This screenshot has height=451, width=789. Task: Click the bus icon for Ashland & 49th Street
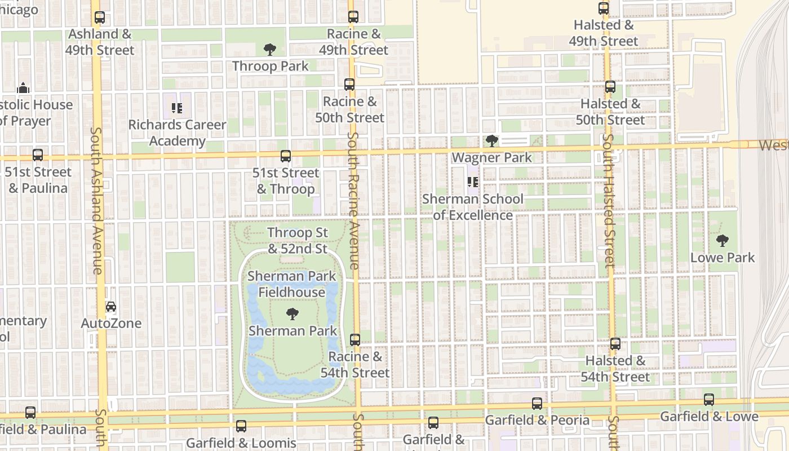100,17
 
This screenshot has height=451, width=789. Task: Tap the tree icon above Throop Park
270,50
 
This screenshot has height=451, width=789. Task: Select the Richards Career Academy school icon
177,108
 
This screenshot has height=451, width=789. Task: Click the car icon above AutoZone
111,307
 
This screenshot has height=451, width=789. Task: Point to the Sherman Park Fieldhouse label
292,284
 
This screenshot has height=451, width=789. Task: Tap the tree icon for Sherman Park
292,314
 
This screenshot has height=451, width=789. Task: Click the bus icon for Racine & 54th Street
355,340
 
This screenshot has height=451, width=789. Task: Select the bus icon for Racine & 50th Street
349,85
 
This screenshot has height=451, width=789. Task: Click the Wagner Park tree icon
491,140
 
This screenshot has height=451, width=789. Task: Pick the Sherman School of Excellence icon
473,182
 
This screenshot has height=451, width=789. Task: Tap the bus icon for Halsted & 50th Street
610,87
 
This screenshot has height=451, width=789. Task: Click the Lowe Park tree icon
722,241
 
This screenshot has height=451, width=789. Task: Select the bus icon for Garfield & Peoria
537,404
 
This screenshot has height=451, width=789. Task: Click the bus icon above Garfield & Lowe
709,400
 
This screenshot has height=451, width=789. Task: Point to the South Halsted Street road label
609,200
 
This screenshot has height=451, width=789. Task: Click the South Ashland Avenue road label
96,200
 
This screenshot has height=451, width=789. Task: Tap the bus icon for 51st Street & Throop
286,156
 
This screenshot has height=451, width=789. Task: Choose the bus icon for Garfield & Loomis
241,426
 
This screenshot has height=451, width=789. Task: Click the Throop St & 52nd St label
298,241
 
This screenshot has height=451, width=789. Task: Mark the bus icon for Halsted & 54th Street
615,344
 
